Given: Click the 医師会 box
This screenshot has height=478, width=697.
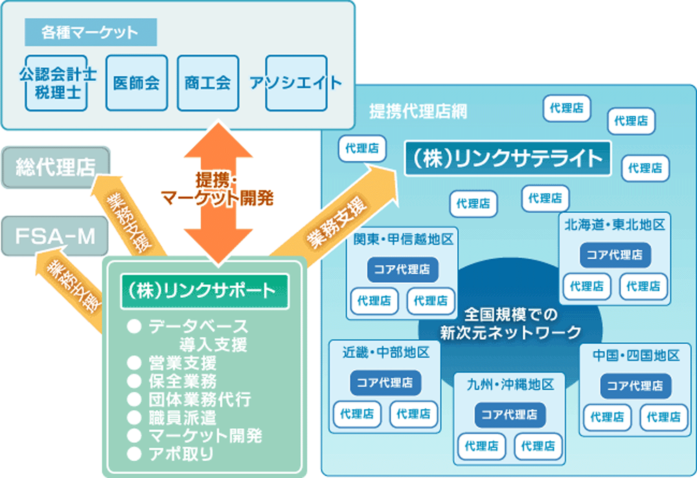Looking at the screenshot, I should pos(136,83).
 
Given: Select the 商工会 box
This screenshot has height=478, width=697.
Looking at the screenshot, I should pos(208,83).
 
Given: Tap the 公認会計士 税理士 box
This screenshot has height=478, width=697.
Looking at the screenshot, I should pos(57,83).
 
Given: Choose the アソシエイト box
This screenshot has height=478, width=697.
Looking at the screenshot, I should pos(296,83).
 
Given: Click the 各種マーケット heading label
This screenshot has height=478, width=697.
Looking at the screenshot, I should pos(91,32).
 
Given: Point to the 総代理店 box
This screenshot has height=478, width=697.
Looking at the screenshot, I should pos(56,167).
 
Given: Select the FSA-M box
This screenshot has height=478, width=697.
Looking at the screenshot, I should pos(55,236).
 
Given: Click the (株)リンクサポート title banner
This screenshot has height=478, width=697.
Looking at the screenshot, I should pos(204,291).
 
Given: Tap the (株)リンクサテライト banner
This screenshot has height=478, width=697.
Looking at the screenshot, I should pos(507,158).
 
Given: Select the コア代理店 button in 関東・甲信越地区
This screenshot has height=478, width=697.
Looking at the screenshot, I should pos(402,269).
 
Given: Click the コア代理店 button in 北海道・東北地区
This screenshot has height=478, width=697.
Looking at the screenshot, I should pos(615,255).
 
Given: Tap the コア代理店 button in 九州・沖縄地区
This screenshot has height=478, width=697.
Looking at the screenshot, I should pos(510,414).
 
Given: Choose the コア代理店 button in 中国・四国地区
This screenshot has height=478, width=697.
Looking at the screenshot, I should pos(635,386).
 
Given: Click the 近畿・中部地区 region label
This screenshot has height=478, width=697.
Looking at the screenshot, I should pos(386,353).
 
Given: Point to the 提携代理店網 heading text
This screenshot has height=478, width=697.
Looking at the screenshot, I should pos(418,111).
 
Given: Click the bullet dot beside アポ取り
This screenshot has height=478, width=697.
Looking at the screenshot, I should pos(134,454).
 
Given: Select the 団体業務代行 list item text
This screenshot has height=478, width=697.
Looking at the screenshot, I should pos(200,399).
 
